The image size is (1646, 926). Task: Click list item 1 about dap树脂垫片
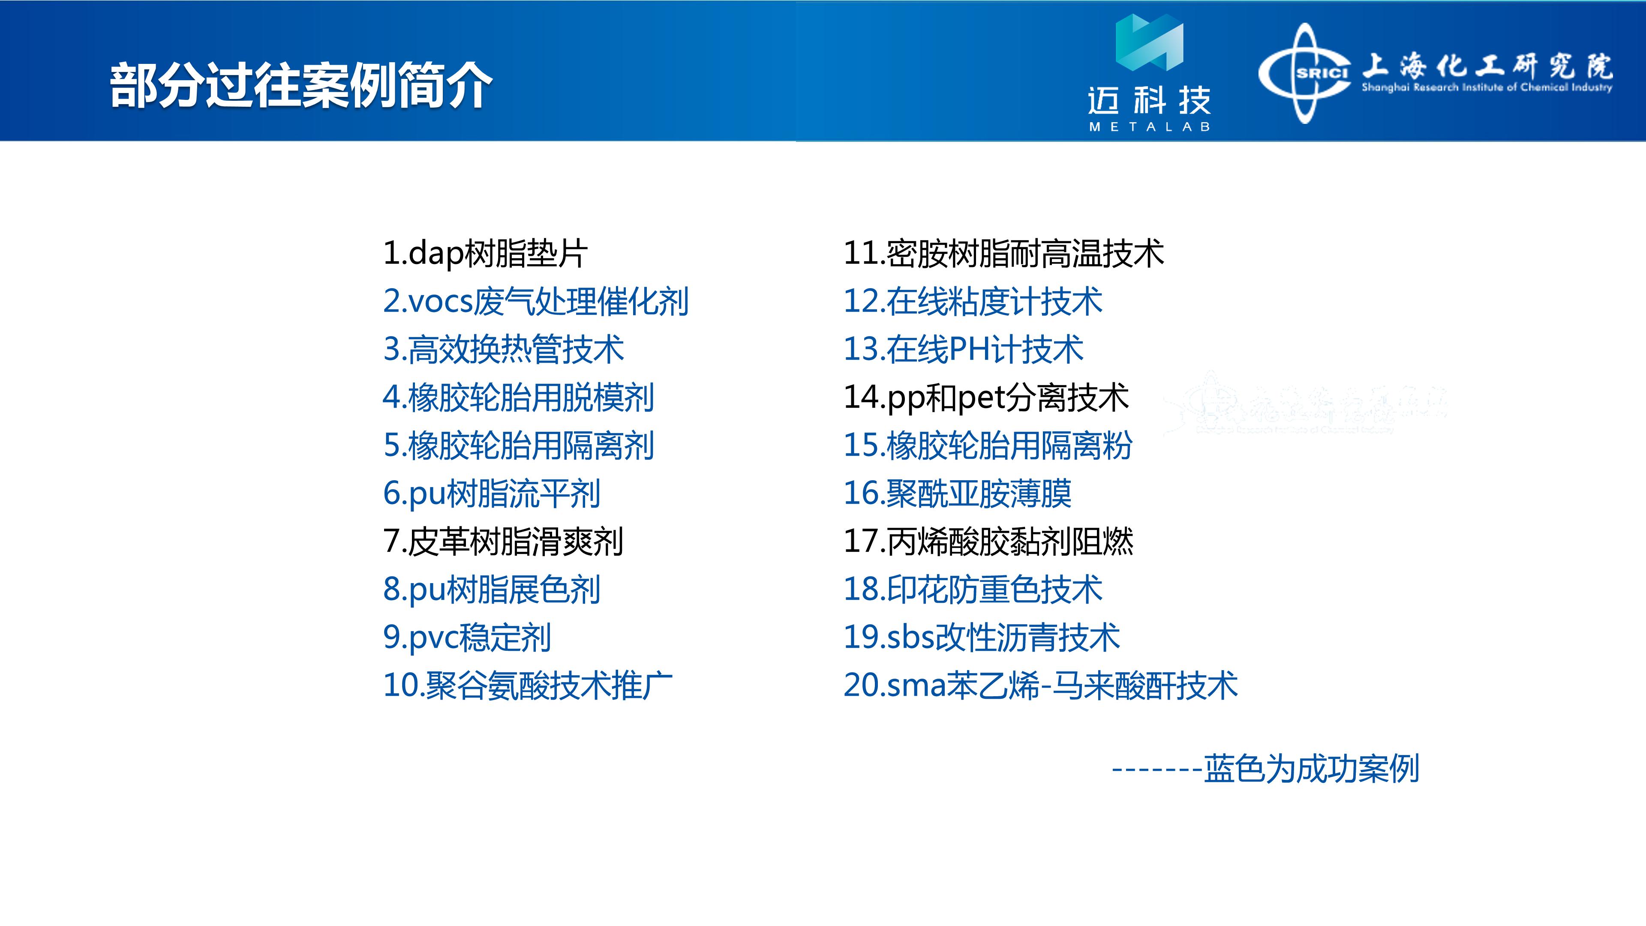tap(485, 253)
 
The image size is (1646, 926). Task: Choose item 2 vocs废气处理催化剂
tap(535, 301)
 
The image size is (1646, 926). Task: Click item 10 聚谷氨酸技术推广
tap(528, 685)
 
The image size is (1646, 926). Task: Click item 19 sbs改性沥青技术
tap(982, 637)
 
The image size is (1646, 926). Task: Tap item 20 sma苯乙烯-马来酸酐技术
tap(1041, 685)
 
